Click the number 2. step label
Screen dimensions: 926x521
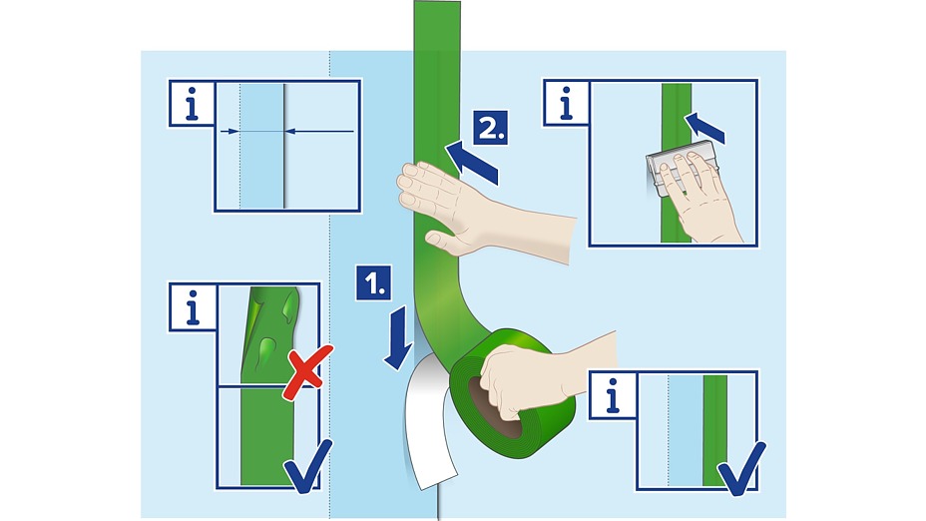491,128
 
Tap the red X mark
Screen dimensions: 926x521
307,372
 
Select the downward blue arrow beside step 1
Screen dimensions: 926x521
398,338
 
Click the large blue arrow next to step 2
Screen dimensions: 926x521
471,163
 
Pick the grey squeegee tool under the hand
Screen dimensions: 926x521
680,169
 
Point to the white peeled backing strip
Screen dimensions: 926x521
429,422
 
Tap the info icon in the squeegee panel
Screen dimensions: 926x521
567,103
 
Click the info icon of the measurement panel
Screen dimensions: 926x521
192,103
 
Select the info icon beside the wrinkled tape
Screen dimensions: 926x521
193,307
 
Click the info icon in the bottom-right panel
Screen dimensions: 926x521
613,395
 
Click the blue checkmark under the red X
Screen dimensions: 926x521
307,467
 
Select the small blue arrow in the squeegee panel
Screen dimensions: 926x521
704,127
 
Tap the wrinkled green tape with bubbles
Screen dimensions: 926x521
268,335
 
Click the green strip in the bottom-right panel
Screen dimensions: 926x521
715,430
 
